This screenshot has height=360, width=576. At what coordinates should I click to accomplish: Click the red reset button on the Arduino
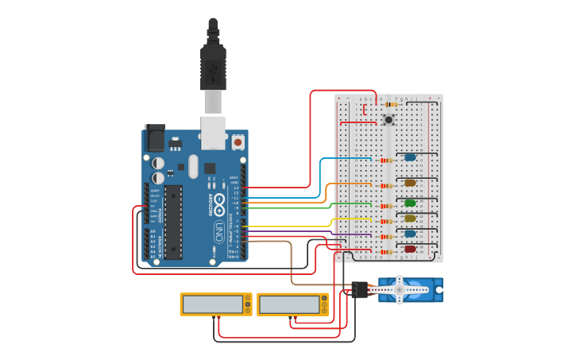238,142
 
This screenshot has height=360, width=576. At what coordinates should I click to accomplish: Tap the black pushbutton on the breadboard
389,120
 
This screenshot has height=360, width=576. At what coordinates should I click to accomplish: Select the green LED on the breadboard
410,203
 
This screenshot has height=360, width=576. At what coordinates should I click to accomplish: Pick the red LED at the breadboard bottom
410,250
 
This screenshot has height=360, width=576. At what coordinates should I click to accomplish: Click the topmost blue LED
410,157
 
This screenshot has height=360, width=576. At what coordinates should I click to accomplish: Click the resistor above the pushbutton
390,104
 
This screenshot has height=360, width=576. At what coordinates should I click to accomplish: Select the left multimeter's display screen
212,304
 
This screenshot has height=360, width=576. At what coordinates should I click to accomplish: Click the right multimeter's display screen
288,304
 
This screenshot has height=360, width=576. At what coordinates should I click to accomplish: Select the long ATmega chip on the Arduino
173,222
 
